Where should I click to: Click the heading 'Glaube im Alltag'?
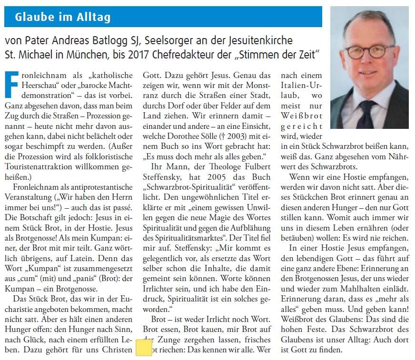[63, 18]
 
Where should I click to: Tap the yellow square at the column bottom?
[144, 347]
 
